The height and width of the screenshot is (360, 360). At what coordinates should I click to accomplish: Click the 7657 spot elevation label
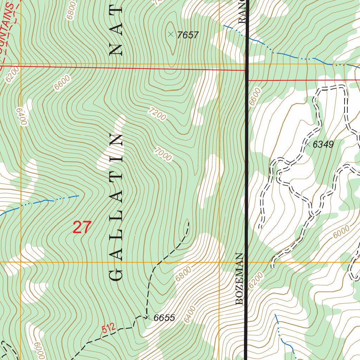(x=188, y=35)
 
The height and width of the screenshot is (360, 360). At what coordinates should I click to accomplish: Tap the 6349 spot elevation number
(x=323, y=144)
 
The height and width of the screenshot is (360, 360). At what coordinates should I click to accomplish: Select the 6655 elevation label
(x=164, y=318)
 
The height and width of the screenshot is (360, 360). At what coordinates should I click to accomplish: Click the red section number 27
(x=82, y=227)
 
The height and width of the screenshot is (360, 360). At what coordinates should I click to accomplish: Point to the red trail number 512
(x=109, y=329)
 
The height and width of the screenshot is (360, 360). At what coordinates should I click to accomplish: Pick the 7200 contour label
(x=157, y=115)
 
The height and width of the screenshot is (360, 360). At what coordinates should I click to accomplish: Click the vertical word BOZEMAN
(x=239, y=279)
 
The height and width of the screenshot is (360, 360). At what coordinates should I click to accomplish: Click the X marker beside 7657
(x=171, y=34)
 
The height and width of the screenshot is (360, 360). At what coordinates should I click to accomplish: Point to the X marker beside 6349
(x=307, y=144)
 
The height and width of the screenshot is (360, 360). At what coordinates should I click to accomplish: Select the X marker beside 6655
(x=148, y=317)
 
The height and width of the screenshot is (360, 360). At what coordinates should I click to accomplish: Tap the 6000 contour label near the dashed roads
(x=341, y=232)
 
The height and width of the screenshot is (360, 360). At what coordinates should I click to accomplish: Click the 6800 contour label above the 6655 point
(x=183, y=274)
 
